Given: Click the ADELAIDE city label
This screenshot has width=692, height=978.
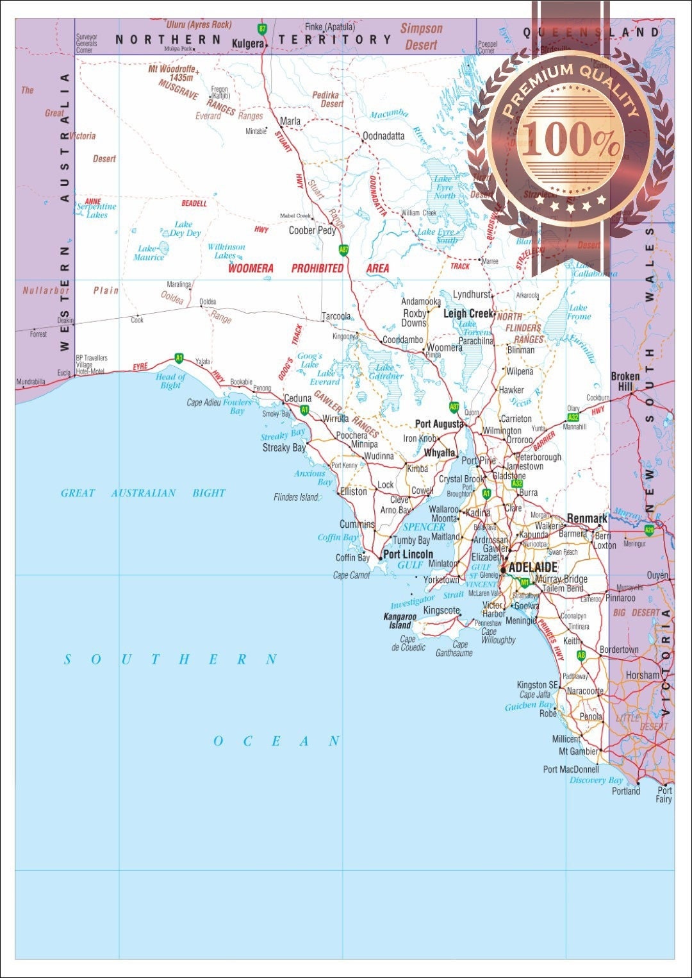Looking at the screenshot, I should point(532,568).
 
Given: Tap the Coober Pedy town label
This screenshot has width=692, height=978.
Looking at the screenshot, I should point(312,230).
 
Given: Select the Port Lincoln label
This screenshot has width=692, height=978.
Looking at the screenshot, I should point(408,554).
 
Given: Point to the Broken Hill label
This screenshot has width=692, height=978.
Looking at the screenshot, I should point(625,382).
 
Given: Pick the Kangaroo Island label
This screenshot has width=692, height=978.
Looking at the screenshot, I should point(400,621).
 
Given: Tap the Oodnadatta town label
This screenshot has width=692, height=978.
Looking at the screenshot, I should point(383,136).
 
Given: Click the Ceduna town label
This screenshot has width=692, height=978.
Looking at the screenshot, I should point(297,398).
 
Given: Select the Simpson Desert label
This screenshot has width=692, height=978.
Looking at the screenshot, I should point(421,37).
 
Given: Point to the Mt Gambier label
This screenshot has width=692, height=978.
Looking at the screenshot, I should point(578,752).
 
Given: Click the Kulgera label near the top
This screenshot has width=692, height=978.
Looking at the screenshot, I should point(248,44).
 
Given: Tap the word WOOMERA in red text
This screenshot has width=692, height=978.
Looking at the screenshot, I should point(251,269).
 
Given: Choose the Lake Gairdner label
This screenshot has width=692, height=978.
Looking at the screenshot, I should point(385,372).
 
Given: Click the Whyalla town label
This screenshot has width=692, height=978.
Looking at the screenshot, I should point(440,453).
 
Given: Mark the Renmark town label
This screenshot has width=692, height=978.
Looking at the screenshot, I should point(586,518).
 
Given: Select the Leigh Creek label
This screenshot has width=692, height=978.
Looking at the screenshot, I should point(468,314).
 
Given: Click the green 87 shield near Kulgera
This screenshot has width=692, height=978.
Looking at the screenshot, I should point(261,29).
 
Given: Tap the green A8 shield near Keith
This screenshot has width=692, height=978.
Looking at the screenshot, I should point(581,655).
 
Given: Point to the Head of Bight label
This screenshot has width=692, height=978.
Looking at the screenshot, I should point(170,381).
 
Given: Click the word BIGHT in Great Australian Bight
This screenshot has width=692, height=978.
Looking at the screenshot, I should point(209,493).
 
